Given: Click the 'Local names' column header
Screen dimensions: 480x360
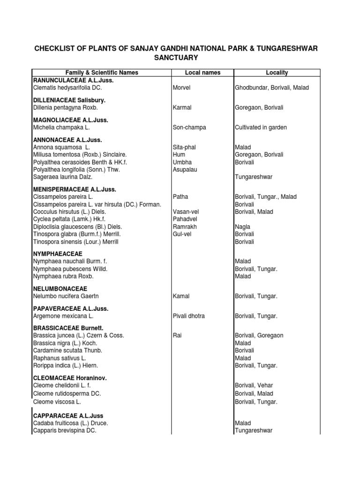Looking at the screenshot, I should click(x=202, y=73).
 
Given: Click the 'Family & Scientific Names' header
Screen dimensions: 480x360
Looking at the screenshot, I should click(x=102, y=73).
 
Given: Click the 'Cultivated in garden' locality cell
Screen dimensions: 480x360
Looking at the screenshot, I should click(x=261, y=127).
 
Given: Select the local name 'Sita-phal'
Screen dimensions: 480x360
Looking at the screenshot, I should click(x=184, y=147).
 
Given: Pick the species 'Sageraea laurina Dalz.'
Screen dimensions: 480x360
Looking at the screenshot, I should click(x=62, y=177).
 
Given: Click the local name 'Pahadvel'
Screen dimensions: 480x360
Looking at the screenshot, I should click(x=185, y=219).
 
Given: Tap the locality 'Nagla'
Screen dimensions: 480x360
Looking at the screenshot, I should click(x=242, y=227).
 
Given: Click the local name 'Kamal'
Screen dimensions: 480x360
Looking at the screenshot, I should click(x=181, y=296).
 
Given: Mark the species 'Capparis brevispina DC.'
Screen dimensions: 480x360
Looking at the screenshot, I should click(x=65, y=431).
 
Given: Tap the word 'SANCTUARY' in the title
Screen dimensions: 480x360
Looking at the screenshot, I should click(x=176, y=58).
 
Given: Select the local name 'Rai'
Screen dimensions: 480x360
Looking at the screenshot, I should click(x=178, y=336).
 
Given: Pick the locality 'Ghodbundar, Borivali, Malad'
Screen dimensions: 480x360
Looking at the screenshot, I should click(x=271, y=88).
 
